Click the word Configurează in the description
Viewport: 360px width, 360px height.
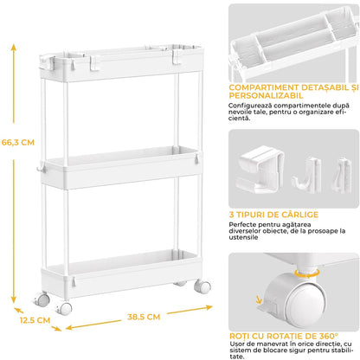253,106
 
